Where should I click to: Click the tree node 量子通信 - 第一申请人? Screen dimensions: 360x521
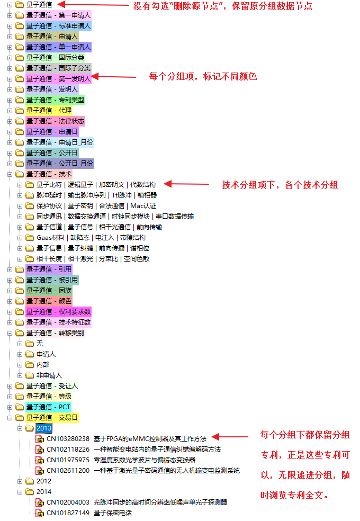[x=58, y=15]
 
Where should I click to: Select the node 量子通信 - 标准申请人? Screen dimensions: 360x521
[x=58, y=26]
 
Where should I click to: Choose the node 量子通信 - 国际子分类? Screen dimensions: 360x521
[x=58, y=68]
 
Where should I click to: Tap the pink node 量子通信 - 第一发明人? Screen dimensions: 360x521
[x=58, y=79]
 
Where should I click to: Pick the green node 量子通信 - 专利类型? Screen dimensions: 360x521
[x=55, y=100]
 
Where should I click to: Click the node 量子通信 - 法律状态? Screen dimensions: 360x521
[x=55, y=121]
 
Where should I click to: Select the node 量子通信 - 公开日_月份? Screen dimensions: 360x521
[x=60, y=164]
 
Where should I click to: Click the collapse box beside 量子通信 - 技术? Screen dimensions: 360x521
[x=10, y=174]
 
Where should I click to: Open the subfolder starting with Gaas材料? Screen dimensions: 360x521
[x=91, y=238]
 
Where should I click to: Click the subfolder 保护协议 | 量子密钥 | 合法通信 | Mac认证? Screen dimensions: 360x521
[x=96, y=206]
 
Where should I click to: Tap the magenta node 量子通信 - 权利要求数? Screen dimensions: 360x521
[x=58, y=312]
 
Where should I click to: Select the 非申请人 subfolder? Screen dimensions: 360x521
[x=49, y=375]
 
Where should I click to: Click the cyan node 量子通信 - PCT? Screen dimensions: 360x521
[x=48, y=407]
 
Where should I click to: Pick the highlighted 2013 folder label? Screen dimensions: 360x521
[x=44, y=428]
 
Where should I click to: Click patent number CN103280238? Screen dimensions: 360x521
[x=68, y=439]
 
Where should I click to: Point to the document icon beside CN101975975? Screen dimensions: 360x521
[x=40, y=461]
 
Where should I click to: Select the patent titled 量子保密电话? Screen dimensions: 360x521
[x=113, y=513]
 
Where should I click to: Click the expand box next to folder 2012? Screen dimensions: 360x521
[x=20, y=481]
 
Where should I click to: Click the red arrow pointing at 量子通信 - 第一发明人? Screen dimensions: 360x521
[x=114, y=77]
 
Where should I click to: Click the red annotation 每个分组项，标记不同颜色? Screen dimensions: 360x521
[x=203, y=77]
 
